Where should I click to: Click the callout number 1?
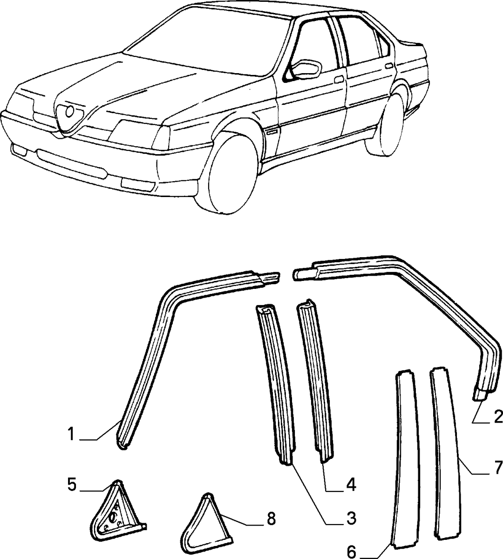72,435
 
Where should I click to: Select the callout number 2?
497,417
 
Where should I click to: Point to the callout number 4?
351,484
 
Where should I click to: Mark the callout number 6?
352,551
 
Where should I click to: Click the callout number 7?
497,466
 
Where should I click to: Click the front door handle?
339,79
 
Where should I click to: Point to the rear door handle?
389,66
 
